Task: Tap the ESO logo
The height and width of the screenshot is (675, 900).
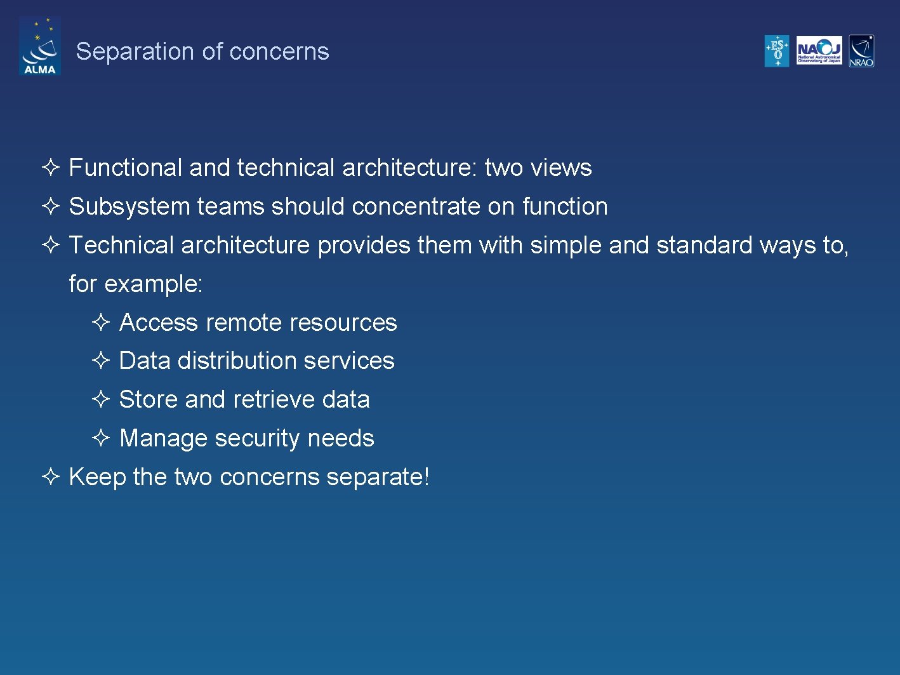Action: click(776, 51)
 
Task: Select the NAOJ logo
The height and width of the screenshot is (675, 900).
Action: click(819, 51)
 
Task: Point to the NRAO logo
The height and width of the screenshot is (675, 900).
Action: click(861, 51)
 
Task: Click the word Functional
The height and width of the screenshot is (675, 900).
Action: click(125, 168)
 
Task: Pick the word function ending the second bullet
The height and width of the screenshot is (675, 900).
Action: click(564, 206)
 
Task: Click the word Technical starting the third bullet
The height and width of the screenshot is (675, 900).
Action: click(121, 245)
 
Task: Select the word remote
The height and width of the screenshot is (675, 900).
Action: click(244, 323)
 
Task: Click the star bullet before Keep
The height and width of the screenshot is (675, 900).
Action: click(50, 476)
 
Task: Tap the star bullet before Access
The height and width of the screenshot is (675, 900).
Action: click(101, 322)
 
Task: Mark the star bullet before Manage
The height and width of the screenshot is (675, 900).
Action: click(101, 438)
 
